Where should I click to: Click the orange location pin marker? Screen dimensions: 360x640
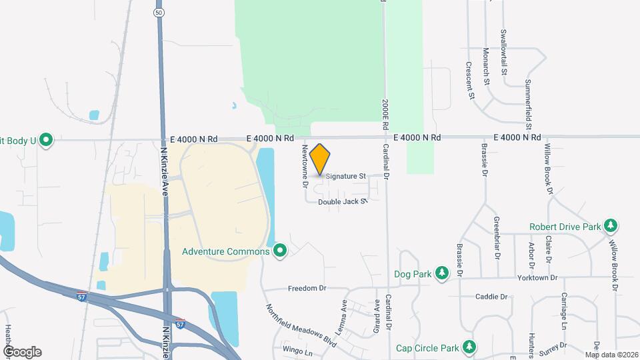point(320,159)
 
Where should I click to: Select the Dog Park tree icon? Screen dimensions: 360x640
point(441,273)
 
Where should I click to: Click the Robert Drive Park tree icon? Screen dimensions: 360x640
point(611,226)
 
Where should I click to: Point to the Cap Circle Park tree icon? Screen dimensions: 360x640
point(470,347)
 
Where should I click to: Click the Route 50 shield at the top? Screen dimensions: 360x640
point(158,13)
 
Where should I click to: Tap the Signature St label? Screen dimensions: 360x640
point(346,177)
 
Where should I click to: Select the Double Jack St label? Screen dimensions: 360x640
point(343,201)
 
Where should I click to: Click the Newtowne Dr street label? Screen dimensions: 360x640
point(305,163)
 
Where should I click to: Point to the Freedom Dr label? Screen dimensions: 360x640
point(307,289)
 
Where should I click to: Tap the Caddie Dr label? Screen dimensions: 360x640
point(492,297)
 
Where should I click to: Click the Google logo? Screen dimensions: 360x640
point(22,351)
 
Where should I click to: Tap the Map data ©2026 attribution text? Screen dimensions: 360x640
point(611,355)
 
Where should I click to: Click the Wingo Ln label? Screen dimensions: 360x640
point(297,351)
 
